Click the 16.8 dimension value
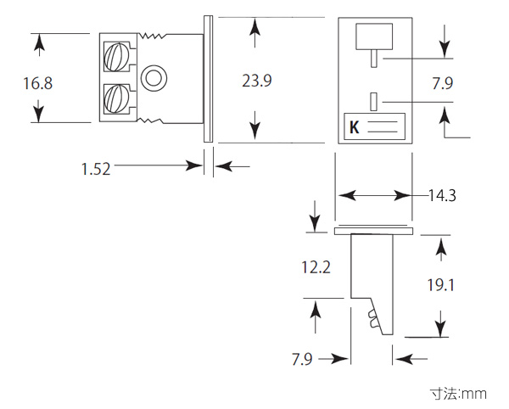[38, 83]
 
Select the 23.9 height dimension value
[257, 81]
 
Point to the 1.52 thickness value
[96, 169]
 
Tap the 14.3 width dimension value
[441, 196]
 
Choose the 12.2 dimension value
[315, 267]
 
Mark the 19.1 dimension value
[440, 284]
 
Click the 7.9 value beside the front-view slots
[443, 83]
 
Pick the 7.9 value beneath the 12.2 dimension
[302, 359]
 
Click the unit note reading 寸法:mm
[457, 394]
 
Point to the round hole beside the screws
[154, 78]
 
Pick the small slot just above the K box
[373, 101]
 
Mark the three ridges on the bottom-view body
[375, 320]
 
